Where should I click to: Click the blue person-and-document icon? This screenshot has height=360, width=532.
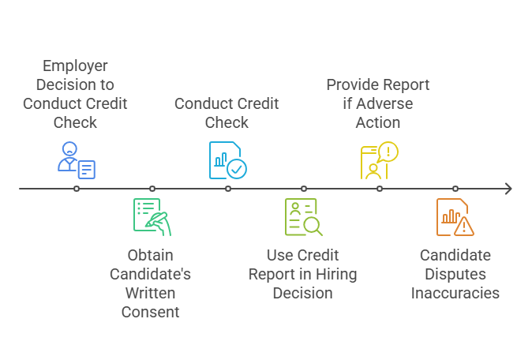(76, 160)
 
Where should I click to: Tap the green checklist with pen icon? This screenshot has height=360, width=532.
(152, 217)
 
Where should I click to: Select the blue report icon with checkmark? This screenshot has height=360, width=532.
(227, 160)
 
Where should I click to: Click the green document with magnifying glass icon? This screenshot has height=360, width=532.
(303, 217)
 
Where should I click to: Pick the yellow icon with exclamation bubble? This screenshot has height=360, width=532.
(379, 160)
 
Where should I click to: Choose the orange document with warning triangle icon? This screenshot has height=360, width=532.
(455, 217)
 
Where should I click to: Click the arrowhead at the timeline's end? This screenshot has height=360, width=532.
(508, 189)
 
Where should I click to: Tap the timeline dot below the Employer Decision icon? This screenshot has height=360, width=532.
(76, 189)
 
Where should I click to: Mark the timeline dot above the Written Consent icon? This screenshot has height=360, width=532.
(152, 189)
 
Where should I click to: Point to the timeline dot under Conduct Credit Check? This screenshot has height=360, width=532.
(227, 189)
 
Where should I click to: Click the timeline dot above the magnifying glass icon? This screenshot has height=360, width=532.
(303, 189)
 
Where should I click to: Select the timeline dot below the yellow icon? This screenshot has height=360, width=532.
(379, 189)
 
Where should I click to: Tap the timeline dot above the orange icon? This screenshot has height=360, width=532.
(455, 189)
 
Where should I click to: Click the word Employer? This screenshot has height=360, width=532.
(75, 66)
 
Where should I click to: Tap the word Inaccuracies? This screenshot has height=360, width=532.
(455, 293)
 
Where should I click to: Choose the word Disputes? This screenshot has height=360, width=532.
(455, 274)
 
